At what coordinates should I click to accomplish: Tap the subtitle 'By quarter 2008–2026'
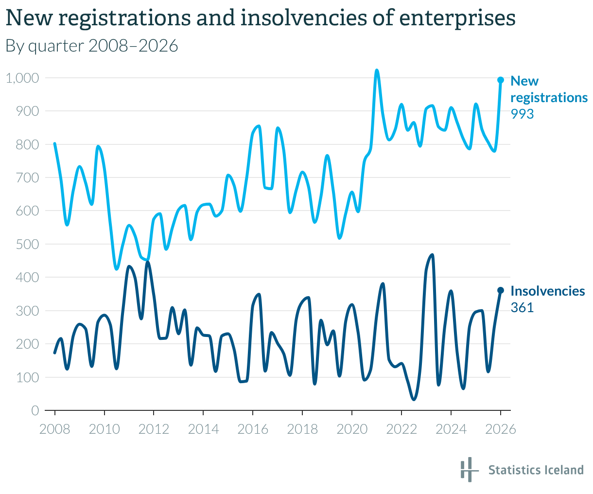click(91, 46)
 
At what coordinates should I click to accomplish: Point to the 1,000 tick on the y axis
click(22, 78)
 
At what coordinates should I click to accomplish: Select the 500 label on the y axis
click(28, 244)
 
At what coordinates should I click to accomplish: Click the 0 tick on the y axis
click(35, 411)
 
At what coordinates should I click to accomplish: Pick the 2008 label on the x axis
click(55, 429)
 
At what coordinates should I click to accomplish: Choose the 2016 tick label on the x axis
click(253, 429)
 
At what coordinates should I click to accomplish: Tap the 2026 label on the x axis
click(500, 429)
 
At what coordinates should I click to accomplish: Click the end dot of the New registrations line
click(500, 80)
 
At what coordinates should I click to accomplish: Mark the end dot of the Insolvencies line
click(500, 290)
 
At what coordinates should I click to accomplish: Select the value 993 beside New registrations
click(522, 114)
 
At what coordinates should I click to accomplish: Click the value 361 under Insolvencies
click(522, 308)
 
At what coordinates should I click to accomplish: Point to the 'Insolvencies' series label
click(548, 291)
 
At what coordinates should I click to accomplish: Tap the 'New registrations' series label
click(549, 89)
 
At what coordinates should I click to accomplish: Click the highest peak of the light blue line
click(377, 71)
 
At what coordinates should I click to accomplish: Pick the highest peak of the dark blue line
click(432, 255)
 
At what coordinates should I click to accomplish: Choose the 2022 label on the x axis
click(401, 429)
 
